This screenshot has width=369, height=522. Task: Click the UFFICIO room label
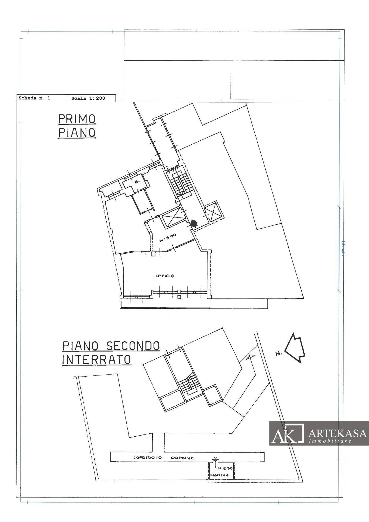pyautogui.click(x=165, y=276)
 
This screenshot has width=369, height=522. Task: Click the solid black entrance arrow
pyautogui.click(x=193, y=223)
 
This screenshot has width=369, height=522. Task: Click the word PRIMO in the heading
pyautogui.click(x=77, y=119)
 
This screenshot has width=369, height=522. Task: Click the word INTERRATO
pyautogui.click(x=97, y=360)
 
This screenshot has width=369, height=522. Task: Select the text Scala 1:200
pyautogui.click(x=88, y=98)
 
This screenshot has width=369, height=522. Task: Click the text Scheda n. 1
pyautogui.click(x=34, y=98)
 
